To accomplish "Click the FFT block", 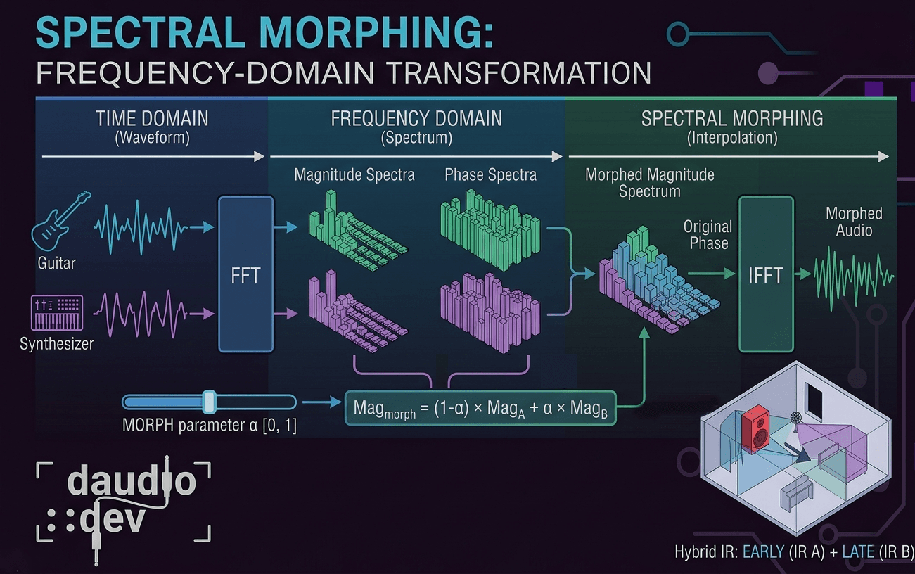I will pyautogui.click(x=245, y=274).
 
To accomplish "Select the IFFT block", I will pyautogui.click(x=765, y=274).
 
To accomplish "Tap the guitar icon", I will pyautogui.click(x=61, y=219).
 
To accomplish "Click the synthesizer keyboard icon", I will pyautogui.click(x=58, y=312).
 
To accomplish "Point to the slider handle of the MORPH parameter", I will pyautogui.click(x=208, y=402).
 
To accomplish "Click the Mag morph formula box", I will pyautogui.click(x=480, y=408).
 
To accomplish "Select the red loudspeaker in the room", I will pyautogui.click(x=756, y=429).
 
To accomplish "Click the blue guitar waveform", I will pyautogui.click(x=141, y=227).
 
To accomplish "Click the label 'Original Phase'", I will pyautogui.click(x=708, y=235).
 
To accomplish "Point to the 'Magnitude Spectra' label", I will pyautogui.click(x=354, y=174).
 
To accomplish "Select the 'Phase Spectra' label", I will pyautogui.click(x=490, y=174).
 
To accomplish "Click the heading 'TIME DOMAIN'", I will pyautogui.click(x=152, y=118).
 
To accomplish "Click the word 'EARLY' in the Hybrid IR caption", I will pyautogui.click(x=764, y=551).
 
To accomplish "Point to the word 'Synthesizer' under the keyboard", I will pyautogui.click(x=57, y=344).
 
